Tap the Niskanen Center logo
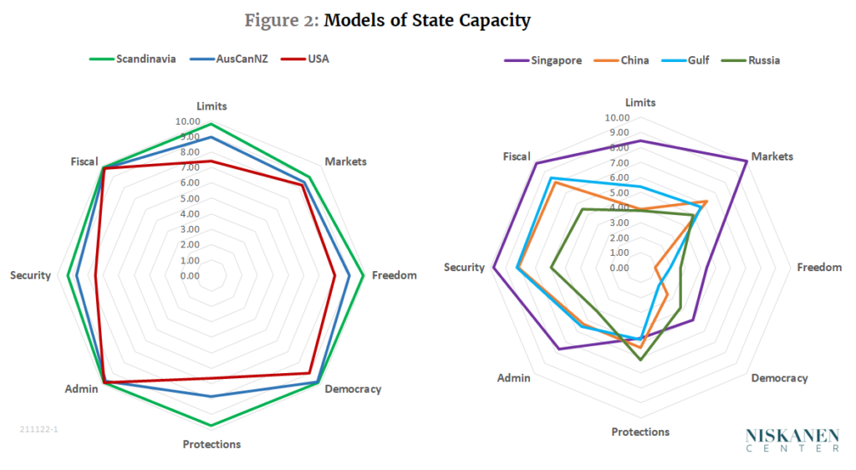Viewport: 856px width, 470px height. [792, 440]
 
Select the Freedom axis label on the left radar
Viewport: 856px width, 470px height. [394, 275]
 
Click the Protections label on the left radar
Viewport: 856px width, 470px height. [211, 444]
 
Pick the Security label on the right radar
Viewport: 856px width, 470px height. [464, 268]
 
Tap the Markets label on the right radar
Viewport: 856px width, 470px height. [772, 156]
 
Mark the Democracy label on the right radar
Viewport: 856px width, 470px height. [779, 378]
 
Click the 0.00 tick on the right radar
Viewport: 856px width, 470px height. [619, 268]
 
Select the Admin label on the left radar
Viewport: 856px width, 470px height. [81, 389]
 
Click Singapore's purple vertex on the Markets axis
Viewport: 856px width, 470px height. [746, 160]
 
